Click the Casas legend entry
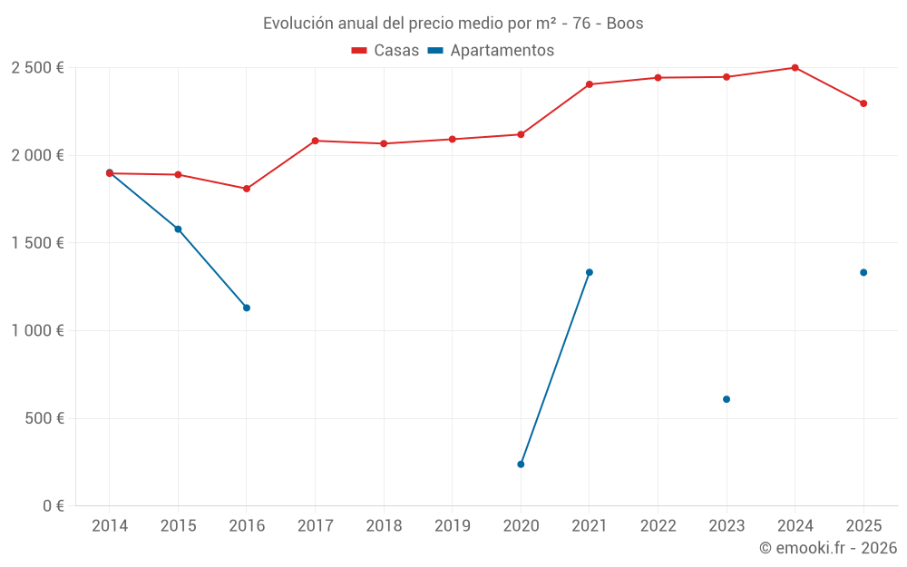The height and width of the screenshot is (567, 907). click(x=385, y=51)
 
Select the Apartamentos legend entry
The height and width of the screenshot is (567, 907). click(x=491, y=51)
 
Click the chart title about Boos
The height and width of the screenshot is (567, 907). click(x=453, y=24)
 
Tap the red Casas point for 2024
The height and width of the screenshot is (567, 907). click(x=795, y=68)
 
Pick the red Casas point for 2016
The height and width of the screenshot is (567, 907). click(x=247, y=189)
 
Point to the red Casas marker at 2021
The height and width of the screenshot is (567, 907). click(x=590, y=84)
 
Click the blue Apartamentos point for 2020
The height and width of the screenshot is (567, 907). click(x=521, y=464)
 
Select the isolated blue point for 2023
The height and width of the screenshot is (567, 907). click(x=727, y=399)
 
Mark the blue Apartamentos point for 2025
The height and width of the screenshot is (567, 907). click(x=863, y=272)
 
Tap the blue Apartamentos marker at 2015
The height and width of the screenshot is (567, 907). click(x=178, y=230)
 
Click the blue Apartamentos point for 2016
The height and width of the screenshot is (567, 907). click(x=247, y=308)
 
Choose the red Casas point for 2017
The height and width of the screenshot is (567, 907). click(x=315, y=141)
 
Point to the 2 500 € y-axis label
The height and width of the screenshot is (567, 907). click(x=37, y=68)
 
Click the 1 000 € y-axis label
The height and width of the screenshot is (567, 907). click(x=37, y=331)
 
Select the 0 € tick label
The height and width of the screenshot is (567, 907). click(x=52, y=506)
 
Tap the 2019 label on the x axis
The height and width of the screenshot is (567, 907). click(x=452, y=526)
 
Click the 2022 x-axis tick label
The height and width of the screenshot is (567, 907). click(x=658, y=526)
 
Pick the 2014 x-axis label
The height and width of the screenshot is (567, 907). click(x=110, y=526)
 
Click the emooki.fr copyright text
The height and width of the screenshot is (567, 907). click(x=827, y=548)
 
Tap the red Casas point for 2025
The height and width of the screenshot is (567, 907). click(x=863, y=103)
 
